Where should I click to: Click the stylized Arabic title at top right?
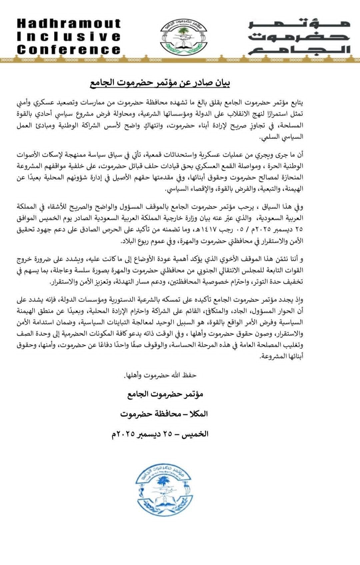click(x=299, y=37)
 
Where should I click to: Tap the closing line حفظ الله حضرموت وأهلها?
click(x=160, y=375)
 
